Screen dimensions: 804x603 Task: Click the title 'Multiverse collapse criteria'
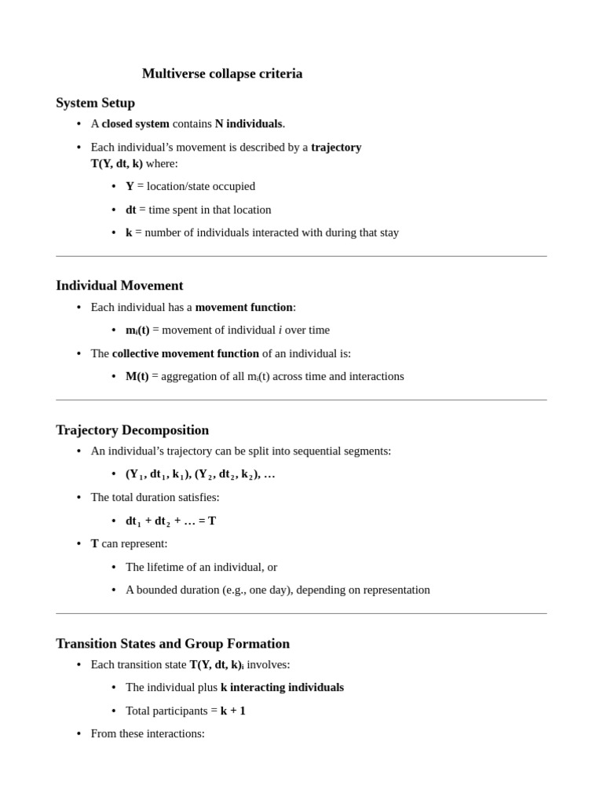click(222, 74)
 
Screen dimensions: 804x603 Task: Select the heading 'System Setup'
click(95, 103)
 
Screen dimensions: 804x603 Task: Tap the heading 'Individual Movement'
click(119, 286)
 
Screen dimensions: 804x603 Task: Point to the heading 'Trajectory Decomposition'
click(132, 430)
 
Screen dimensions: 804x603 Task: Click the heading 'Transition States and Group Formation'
click(173, 644)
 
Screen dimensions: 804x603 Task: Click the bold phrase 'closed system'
click(135, 124)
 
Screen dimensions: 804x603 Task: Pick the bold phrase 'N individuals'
click(248, 124)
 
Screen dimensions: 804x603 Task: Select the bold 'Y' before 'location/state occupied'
click(130, 187)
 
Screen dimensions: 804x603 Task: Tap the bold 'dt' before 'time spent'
click(130, 210)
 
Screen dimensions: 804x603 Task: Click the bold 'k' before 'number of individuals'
click(129, 232)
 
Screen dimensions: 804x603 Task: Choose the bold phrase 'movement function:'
click(245, 307)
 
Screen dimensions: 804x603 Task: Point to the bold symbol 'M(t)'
click(137, 377)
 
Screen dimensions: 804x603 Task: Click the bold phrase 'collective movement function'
click(185, 353)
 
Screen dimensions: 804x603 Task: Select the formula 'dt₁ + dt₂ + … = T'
click(170, 521)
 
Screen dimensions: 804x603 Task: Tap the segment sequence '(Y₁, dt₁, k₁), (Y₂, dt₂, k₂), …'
click(200, 474)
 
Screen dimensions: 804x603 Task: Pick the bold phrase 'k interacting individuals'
click(282, 688)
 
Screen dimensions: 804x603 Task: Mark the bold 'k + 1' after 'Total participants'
click(233, 711)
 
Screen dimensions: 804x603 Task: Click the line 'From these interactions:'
click(148, 733)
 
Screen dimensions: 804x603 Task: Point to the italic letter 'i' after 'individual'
click(280, 331)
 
